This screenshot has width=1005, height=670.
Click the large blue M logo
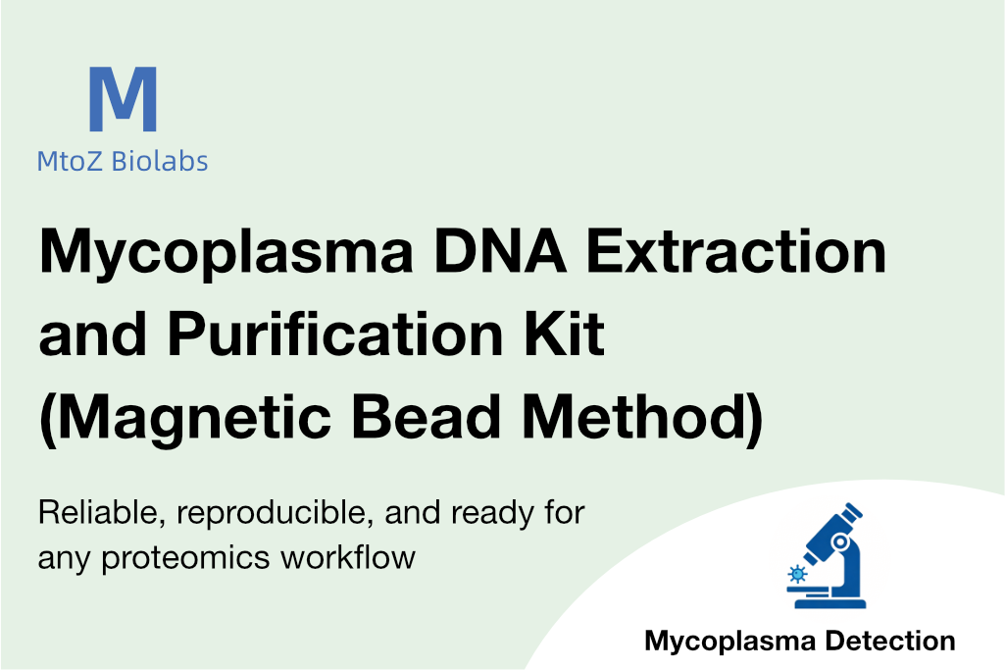(123, 99)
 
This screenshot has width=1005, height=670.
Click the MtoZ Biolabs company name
(123, 161)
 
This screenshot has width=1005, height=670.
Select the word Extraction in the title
(735, 251)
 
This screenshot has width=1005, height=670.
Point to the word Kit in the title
(564, 335)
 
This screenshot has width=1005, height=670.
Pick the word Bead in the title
(427, 417)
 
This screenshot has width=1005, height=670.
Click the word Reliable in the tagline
(101, 513)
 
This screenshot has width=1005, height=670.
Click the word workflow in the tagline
(348, 556)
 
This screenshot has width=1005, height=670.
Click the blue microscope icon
(827, 555)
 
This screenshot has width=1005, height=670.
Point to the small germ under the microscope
(797, 573)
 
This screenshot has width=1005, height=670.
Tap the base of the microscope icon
(830, 603)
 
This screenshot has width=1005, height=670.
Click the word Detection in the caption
(890, 642)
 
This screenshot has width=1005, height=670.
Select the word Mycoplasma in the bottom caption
(731, 643)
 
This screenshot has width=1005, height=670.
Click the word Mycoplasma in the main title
(226, 254)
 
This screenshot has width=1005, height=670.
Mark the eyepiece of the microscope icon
(852, 513)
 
